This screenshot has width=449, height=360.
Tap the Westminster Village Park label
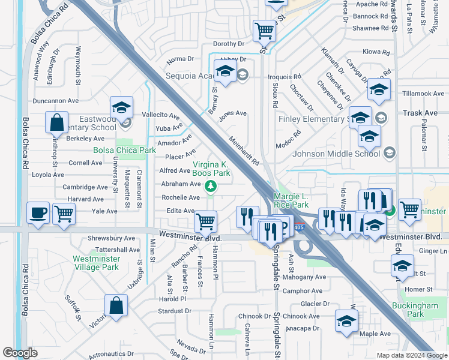(x=96, y=263)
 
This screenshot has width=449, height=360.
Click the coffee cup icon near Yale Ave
(x=38, y=213)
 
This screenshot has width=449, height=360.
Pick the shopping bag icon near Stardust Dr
(x=116, y=305)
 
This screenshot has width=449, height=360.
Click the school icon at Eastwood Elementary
(x=121, y=107)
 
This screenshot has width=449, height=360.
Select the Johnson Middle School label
(x=336, y=154)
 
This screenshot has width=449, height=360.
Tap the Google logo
(x=20, y=353)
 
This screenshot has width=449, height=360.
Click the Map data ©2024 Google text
(x=411, y=355)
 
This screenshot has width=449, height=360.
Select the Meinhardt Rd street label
(x=244, y=151)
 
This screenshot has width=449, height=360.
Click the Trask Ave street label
(x=420, y=113)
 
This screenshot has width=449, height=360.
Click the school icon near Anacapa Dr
(x=346, y=321)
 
